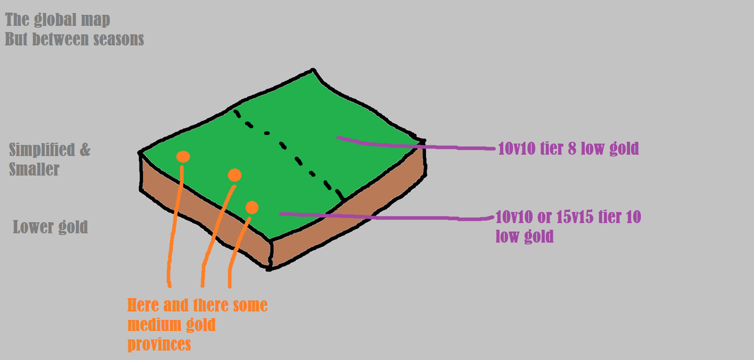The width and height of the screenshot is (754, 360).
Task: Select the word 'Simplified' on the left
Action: (41, 150)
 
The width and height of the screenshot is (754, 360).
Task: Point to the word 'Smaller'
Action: (34, 170)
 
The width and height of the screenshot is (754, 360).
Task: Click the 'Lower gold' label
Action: (50, 227)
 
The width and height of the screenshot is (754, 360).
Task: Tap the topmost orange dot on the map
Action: (183, 157)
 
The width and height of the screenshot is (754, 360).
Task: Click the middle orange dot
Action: (234, 175)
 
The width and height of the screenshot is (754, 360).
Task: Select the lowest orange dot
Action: (252, 207)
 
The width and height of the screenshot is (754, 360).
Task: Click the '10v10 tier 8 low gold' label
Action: (568, 148)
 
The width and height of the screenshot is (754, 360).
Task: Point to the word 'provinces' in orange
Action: (159, 344)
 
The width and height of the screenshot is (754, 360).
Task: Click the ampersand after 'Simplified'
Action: (85, 150)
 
